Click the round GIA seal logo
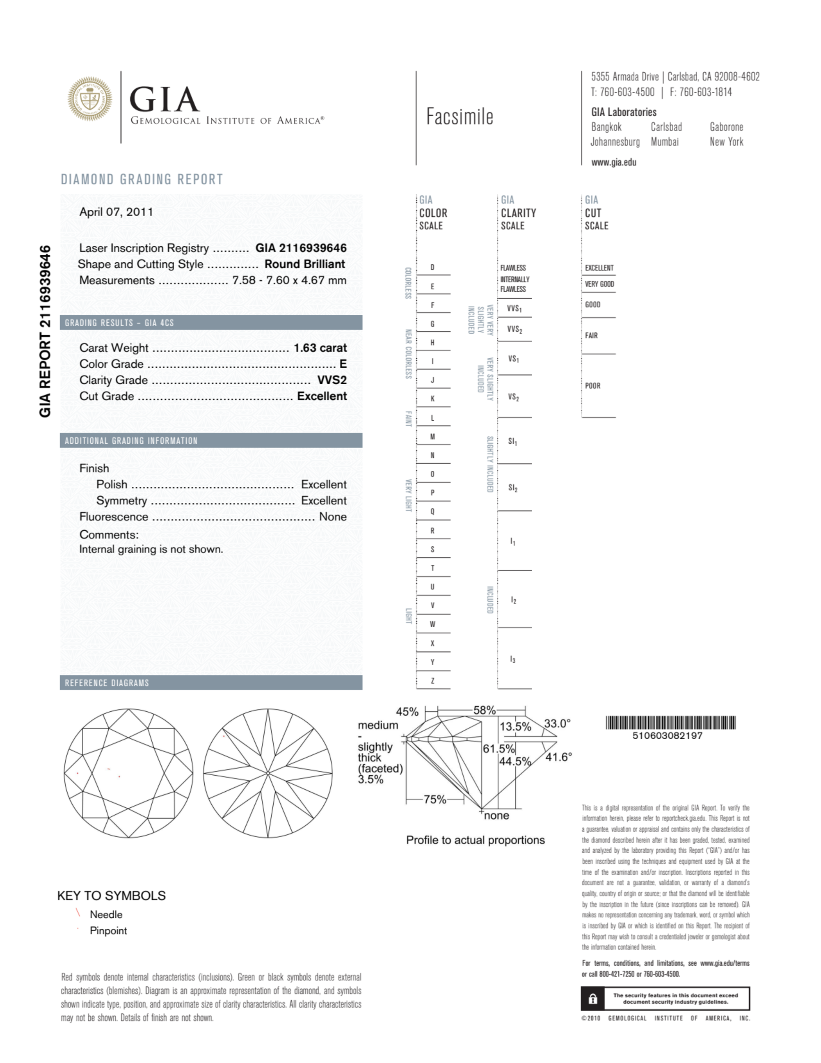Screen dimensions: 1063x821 [89, 99]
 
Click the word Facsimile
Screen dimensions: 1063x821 [460, 117]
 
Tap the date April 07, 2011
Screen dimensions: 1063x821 [116, 212]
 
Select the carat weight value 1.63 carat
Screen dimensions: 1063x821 [320, 348]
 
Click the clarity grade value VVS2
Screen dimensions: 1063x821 [332, 380]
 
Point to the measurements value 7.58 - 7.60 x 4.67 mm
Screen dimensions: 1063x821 [289, 280]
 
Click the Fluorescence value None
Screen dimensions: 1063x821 [333, 516]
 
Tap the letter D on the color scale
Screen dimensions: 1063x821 [432, 267]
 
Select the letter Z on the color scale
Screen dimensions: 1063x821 [432, 680]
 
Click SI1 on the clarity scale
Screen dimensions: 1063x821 [512, 442]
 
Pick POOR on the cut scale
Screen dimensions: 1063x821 [592, 385]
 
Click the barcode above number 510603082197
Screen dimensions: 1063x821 [670, 722]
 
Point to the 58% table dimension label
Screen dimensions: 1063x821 [484, 710]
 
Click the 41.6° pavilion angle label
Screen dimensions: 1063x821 [558, 757]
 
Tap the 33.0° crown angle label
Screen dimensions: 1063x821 [557, 723]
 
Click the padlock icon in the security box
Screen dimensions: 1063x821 [592, 998]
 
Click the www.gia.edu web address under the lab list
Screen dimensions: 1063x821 [614, 163]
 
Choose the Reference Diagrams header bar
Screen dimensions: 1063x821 [211, 683]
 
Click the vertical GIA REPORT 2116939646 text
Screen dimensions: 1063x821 [45, 331]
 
